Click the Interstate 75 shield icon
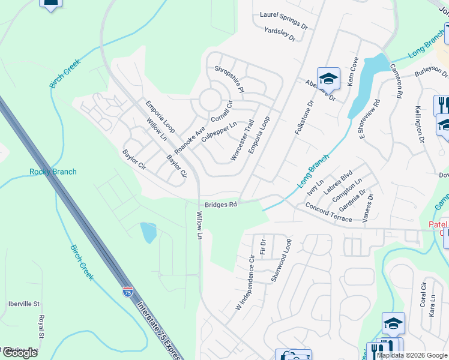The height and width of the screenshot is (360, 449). pyautogui.click(x=128, y=292)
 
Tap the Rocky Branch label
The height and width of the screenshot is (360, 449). pyautogui.click(x=53, y=172)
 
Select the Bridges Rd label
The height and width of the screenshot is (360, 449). pyautogui.click(x=220, y=205)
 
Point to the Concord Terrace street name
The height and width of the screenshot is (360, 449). pyautogui.click(x=328, y=213)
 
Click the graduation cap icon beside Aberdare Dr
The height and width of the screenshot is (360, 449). pyautogui.click(x=328, y=79)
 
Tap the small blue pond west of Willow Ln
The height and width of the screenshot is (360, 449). pyautogui.click(x=148, y=232)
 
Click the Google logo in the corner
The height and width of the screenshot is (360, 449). pyautogui.click(x=20, y=353)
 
